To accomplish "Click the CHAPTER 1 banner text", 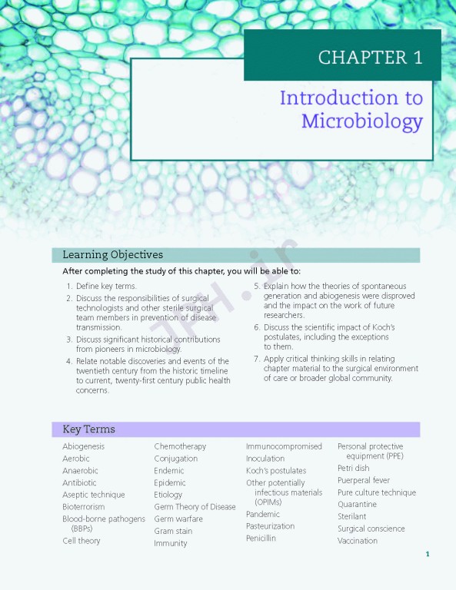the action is (370, 58).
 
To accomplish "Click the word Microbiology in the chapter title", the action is (361, 121).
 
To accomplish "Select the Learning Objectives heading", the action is (112, 255).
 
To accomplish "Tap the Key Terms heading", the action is (88, 429).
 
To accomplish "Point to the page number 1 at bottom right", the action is (428, 554).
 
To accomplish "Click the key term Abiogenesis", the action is (83, 446).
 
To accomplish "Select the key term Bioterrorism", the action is (83, 507).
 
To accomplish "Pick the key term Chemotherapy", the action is (180, 446).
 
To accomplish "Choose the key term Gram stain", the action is (174, 531).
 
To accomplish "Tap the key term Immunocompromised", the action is (284, 446).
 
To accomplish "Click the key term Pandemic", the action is (263, 514).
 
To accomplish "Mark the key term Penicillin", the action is (261, 539).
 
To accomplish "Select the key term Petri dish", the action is (353, 468).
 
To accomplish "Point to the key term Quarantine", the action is (357, 505).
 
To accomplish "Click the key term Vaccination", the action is (358, 541).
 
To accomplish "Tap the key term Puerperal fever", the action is (364, 480).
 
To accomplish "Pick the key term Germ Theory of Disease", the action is (195, 507).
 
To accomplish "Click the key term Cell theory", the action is (82, 541).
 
